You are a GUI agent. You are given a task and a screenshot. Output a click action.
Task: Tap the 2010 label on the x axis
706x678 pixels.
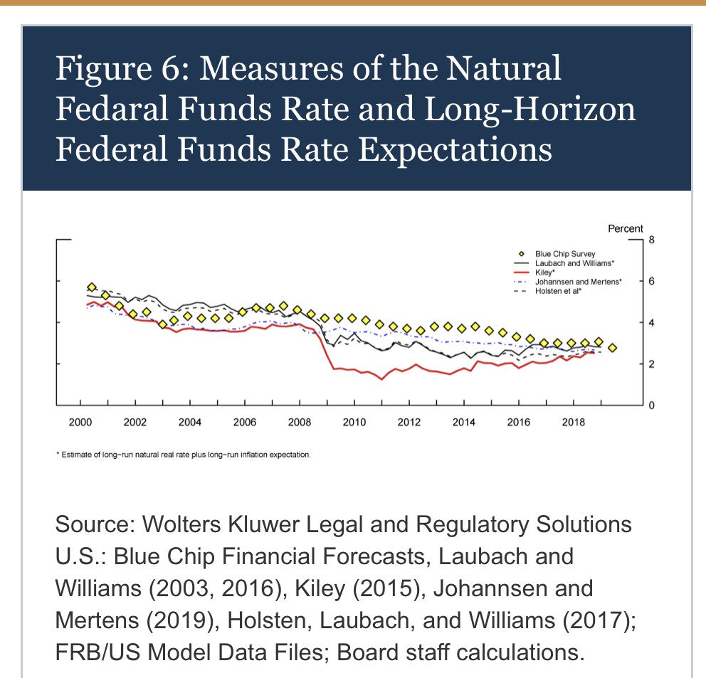pyautogui.click(x=354, y=423)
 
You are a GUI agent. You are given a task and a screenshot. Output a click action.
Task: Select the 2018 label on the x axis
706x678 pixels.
pyautogui.click(x=573, y=423)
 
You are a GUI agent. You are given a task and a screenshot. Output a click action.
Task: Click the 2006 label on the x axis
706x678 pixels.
pyautogui.click(x=244, y=423)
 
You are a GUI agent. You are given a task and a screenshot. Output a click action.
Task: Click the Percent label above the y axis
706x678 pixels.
pyautogui.click(x=625, y=228)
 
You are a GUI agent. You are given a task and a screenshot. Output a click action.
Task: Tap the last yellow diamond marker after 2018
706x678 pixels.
pyautogui.click(x=612, y=348)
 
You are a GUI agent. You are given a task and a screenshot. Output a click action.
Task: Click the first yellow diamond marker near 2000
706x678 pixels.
pyautogui.click(x=91, y=287)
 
